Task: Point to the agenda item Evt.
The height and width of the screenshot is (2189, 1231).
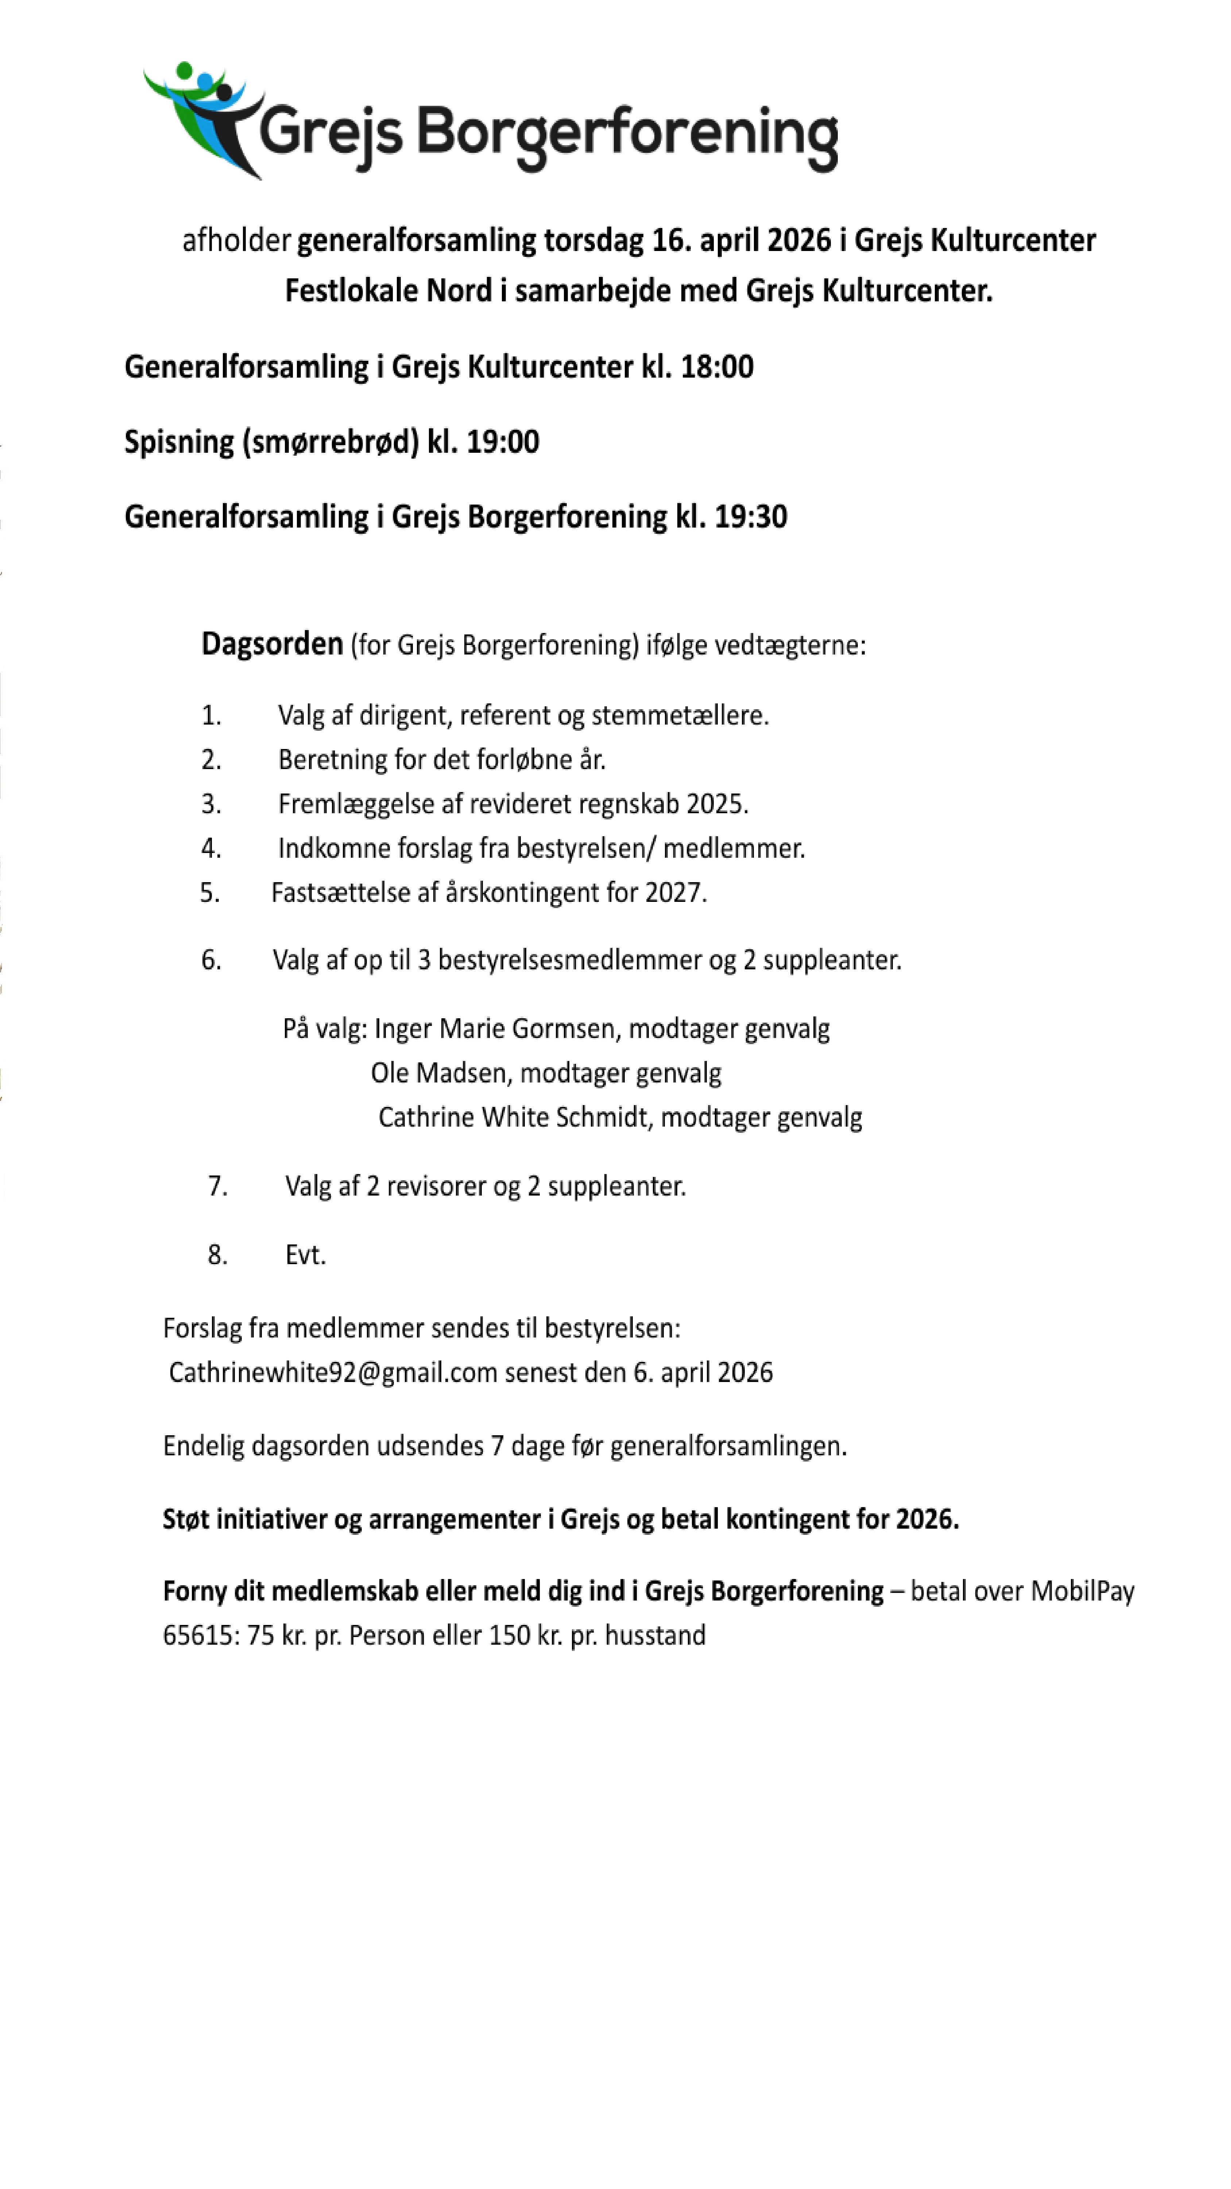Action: [305, 1255]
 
